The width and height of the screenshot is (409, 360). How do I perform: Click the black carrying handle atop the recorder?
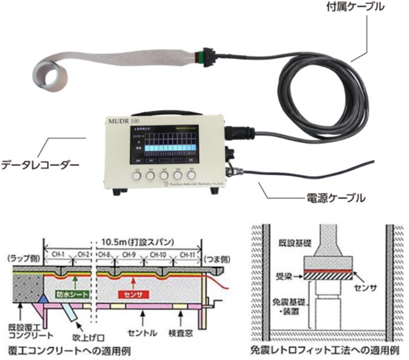(155, 111)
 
